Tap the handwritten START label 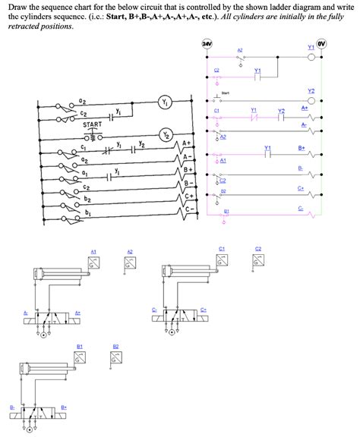(93, 125)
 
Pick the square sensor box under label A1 (94, 263)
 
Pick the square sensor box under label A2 (130, 263)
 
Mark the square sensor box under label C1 (223, 259)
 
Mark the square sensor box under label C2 (258, 259)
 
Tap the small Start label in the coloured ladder (226, 93)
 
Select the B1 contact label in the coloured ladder (226, 211)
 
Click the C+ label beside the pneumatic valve (204, 310)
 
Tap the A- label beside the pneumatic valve (25, 313)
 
